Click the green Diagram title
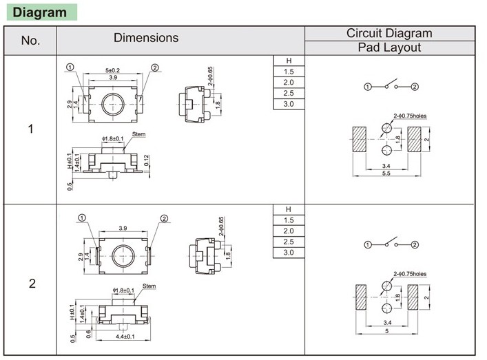41,13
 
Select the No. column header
31,41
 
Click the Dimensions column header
146,39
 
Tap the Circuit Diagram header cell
389,33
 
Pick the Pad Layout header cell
389,48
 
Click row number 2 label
32,284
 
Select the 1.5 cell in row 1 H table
289,72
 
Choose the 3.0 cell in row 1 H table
289,103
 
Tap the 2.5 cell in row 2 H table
289,242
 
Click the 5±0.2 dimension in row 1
112,71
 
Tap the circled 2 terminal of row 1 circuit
415,87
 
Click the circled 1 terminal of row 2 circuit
368,245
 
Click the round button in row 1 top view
112,105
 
